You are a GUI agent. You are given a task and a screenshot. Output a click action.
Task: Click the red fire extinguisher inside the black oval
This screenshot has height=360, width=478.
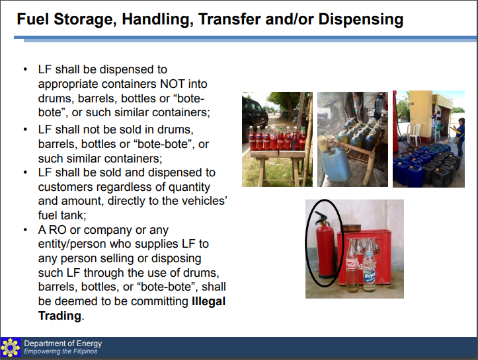pos(323,248)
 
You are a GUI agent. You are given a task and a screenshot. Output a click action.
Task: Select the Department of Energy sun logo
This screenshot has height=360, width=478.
pos(11,347)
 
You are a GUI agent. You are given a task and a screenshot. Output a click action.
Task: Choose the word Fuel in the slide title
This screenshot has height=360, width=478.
pos(32,19)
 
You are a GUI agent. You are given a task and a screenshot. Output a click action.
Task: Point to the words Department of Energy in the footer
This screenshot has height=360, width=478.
pos(63,343)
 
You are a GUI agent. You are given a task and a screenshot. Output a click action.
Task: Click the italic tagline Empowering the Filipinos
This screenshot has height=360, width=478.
pos(61,351)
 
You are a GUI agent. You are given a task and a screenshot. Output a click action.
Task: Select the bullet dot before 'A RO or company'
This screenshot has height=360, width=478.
pos(25,230)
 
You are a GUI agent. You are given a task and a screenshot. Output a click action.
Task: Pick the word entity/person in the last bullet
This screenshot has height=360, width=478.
pos(73,244)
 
